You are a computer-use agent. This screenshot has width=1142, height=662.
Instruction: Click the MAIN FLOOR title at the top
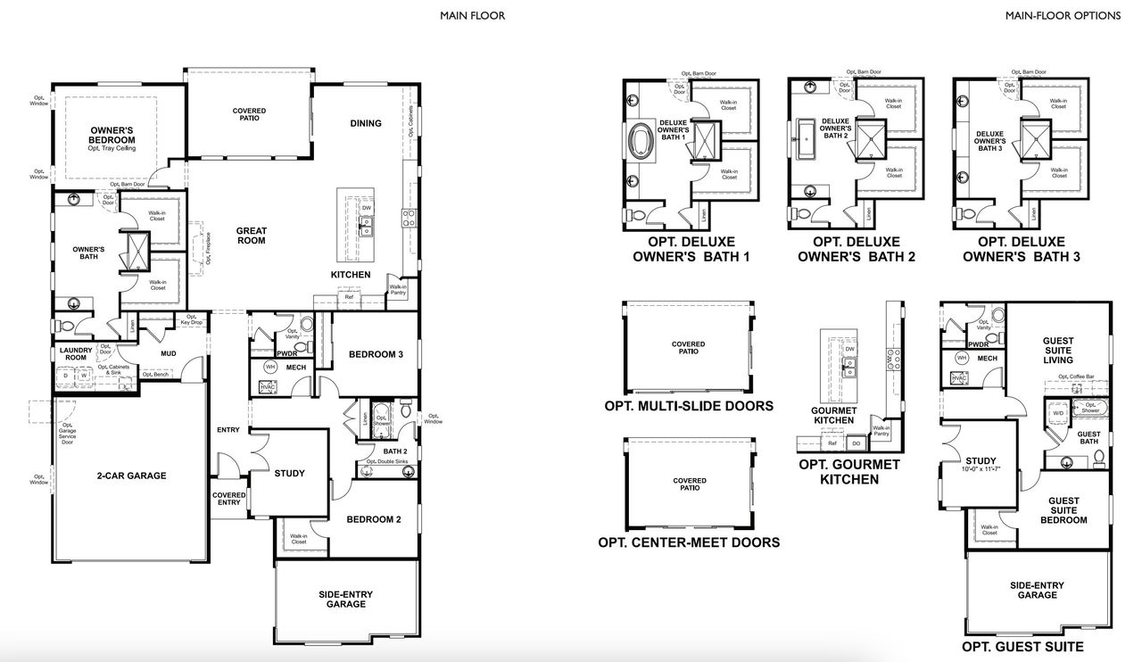(472, 15)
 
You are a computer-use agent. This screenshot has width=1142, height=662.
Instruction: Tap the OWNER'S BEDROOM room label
(112, 135)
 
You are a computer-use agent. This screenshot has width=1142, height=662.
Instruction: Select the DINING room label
(366, 123)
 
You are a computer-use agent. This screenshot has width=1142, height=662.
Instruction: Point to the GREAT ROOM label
(252, 236)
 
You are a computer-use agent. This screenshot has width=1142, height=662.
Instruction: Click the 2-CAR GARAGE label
(130, 476)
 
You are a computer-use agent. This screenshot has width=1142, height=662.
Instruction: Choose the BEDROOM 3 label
(376, 354)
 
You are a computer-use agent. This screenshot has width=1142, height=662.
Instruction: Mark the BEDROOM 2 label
(374, 519)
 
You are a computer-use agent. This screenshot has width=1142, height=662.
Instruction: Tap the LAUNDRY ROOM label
(76, 353)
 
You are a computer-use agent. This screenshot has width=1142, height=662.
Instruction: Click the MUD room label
(168, 353)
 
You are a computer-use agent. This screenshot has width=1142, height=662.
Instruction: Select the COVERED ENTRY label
(228, 499)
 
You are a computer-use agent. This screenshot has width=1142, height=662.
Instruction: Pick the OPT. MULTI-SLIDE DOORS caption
(689, 406)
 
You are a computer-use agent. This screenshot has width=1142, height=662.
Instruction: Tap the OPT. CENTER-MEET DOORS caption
(689, 542)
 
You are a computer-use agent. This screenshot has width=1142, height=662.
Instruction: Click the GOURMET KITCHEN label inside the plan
(835, 415)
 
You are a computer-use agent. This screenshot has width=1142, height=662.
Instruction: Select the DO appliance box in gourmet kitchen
(856, 443)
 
